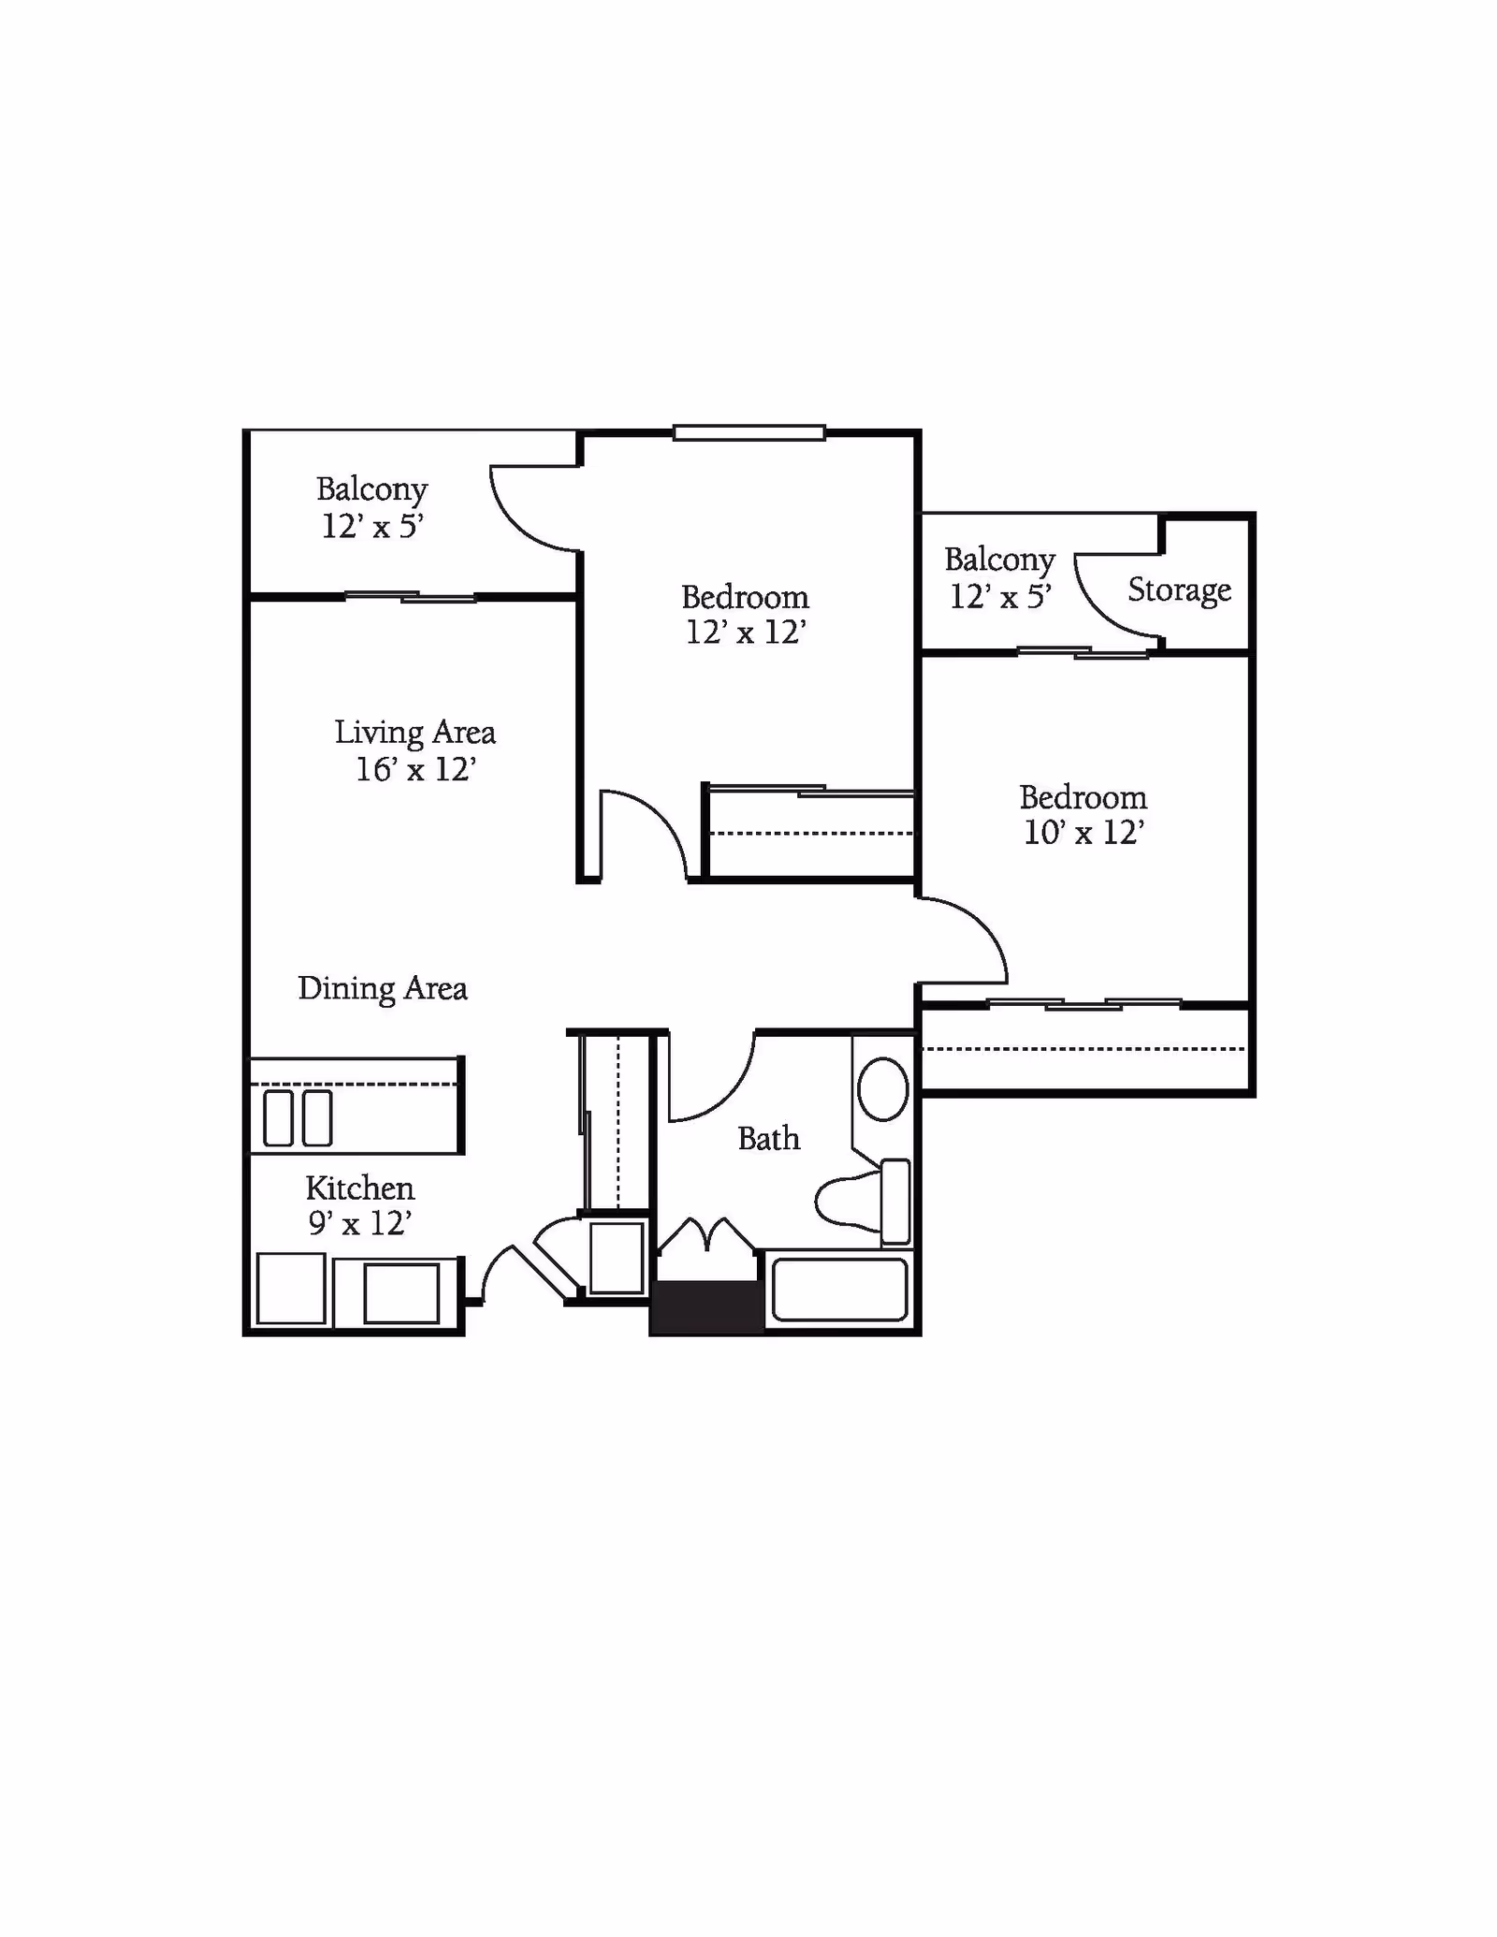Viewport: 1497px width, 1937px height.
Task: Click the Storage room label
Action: pyautogui.click(x=1179, y=590)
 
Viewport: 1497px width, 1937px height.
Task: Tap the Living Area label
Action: pyautogui.click(x=415, y=732)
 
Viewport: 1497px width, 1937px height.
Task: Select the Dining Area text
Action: pyautogui.click(x=383, y=988)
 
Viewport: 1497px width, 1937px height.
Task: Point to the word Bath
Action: pyautogui.click(x=769, y=1138)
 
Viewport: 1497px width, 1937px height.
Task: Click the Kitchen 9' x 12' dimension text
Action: pyautogui.click(x=360, y=1223)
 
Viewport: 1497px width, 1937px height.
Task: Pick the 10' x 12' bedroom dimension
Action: pyautogui.click(x=1083, y=832)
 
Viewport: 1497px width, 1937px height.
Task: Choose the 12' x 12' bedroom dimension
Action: pyautogui.click(x=746, y=633)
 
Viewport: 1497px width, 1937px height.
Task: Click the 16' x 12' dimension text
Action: pyautogui.click(x=415, y=769)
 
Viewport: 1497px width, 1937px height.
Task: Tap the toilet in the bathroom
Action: pyautogui.click(x=864, y=1202)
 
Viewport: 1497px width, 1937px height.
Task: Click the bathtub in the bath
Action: pyautogui.click(x=839, y=1289)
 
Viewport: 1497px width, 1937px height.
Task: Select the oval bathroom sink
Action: pyautogui.click(x=883, y=1088)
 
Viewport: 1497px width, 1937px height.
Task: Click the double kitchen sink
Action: pyautogui.click(x=298, y=1118)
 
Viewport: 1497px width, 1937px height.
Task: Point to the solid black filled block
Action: pyautogui.click(x=707, y=1306)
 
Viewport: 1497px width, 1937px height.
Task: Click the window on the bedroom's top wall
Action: pyautogui.click(x=749, y=432)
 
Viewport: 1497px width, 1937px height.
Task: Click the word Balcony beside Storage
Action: pyautogui.click(x=999, y=560)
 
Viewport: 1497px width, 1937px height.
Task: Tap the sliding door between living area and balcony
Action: pyautogui.click(x=410, y=596)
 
